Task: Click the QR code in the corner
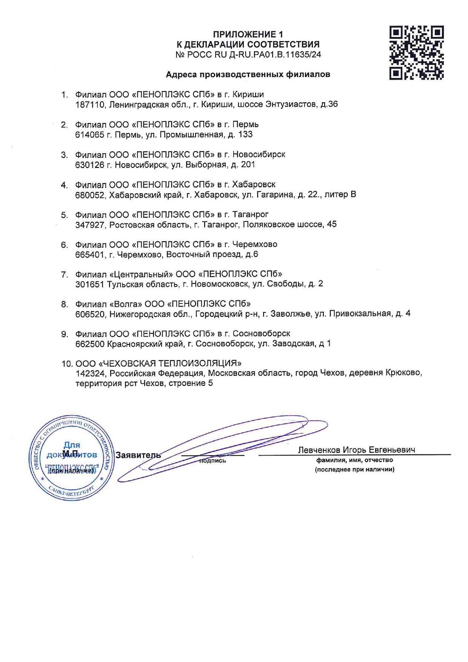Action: coord(416,53)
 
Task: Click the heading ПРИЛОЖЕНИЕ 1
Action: coord(248,34)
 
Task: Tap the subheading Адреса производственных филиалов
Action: coord(248,74)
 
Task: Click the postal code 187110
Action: coord(90,105)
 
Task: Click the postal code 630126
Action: coord(89,165)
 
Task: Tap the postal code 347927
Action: coord(90,225)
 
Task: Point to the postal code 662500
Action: coord(90,344)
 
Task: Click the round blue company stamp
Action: coord(71,459)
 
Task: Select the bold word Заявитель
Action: coord(138,455)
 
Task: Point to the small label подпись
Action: coord(212,460)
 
